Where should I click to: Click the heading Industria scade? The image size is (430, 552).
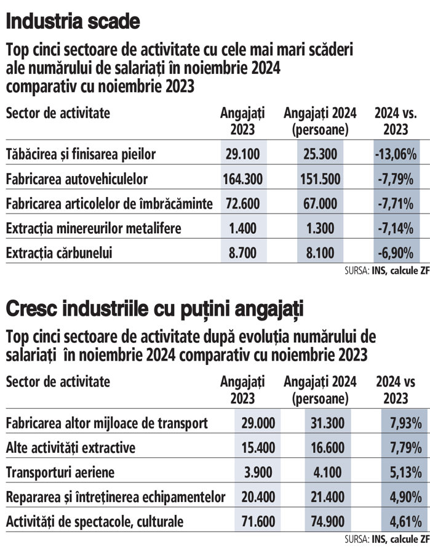(x=73, y=23)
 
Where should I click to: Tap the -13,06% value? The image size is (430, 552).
(x=395, y=154)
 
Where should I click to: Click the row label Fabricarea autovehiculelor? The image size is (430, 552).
(x=77, y=179)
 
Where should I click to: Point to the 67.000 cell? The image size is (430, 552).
(x=319, y=204)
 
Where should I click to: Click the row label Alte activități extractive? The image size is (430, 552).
(x=70, y=447)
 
